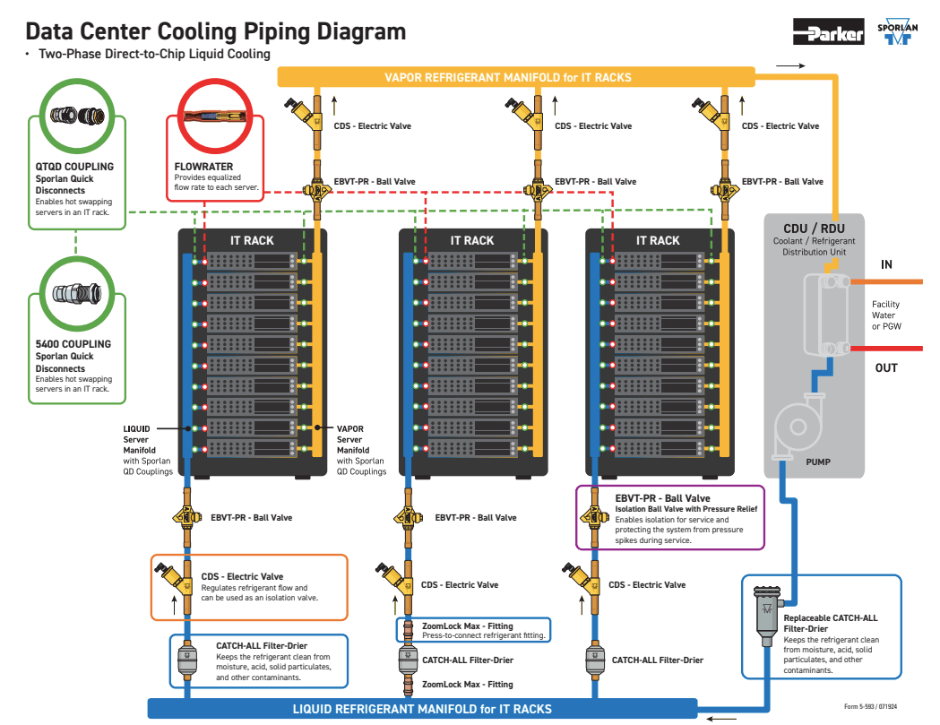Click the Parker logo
point(829,31)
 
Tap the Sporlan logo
point(898,31)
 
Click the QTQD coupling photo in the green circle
point(77,115)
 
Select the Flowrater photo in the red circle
point(215,116)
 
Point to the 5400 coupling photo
point(77,293)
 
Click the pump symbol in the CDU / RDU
point(798,427)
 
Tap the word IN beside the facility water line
point(886,264)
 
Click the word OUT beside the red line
point(886,367)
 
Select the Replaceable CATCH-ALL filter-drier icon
point(767,616)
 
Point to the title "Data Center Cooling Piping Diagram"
point(216,31)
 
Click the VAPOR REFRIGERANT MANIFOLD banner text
point(508,77)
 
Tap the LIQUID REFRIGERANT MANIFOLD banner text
point(422,709)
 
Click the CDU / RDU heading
point(814,229)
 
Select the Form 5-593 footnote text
point(870,706)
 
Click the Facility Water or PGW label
point(886,315)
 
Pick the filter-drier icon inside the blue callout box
point(187,660)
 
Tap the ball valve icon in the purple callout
point(593,514)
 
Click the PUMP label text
point(818,462)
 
